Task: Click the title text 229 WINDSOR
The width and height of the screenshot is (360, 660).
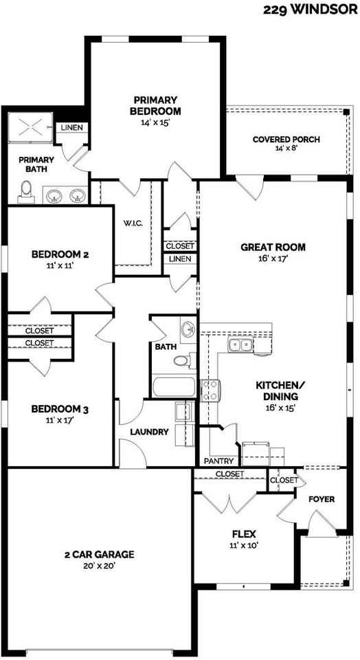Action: click(x=311, y=10)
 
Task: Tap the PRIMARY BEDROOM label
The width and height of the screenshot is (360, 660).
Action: click(x=157, y=105)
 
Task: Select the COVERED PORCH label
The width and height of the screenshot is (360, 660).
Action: click(x=286, y=140)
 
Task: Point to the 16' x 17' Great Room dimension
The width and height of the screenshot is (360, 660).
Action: click(x=273, y=259)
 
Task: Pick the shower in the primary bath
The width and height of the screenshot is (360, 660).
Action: click(x=31, y=127)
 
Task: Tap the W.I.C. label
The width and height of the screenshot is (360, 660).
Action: click(x=133, y=223)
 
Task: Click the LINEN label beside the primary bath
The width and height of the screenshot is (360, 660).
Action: click(x=72, y=128)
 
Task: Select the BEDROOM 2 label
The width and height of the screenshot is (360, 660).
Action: click(x=60, y=254)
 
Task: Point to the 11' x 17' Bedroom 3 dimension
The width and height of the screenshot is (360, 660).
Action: click(x=60, y=420)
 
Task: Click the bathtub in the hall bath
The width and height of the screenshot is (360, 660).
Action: click(x=173, y=386)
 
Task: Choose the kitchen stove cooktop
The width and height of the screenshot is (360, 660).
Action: click(x=210, y=390)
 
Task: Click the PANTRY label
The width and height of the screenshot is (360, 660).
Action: click(x=219, y=461)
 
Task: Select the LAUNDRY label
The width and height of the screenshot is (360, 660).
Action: click(x=149, y=432)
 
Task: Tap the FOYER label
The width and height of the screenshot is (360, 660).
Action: click(x=321, y=498)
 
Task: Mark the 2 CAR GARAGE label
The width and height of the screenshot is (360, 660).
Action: click(x=99, y=554)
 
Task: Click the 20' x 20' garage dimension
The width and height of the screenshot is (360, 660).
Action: click(x=99, y=565)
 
